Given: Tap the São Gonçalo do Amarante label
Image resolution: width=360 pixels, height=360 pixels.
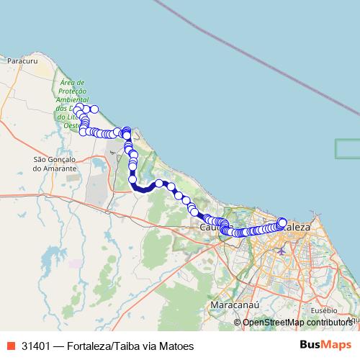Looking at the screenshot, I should click(x=55, y=163).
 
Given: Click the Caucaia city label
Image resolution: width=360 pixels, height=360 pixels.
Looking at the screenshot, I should click(x=210, y=228).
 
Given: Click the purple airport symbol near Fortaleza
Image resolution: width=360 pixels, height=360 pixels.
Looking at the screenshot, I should click(x=280, y=251).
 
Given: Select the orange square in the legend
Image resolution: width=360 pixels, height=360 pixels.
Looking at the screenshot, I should click(x=11, y=346).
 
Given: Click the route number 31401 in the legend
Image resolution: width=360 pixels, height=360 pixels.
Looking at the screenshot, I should click(x=36, y=346).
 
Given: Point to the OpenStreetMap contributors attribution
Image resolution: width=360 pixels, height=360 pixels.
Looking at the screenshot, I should click(x=297, y=322).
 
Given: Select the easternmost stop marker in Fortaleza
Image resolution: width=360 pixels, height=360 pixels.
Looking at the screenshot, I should click(x=282, y=222).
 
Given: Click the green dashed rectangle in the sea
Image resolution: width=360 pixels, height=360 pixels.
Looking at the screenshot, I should click(x=348, y=148).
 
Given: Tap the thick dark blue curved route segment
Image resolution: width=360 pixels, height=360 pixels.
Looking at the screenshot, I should click(x=144, y=189).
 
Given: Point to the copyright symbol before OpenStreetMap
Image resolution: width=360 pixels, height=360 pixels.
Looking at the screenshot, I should click(x=238, y=322).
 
